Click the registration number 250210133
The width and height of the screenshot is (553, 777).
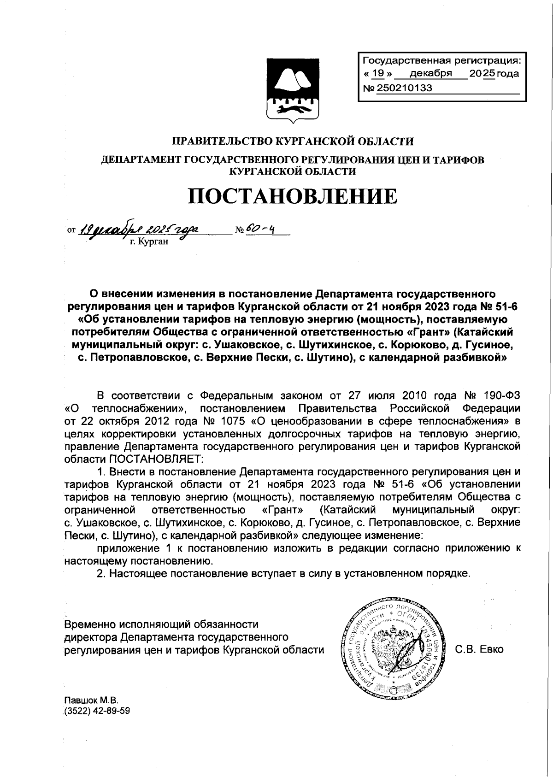pyautogui.click(x=405, y=88)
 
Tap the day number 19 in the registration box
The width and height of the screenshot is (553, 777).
pyautogui.click(x=378, y=74)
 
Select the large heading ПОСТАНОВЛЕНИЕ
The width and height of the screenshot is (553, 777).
pyautogui.click(x=293, y=196)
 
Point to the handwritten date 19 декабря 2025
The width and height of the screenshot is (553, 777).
pyautogui.click(x=138, y=229)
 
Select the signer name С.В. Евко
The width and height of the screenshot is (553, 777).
pyautogui.click(x=479, y=649)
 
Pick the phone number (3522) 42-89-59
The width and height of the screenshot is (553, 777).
pyautogui.click(x=97, y=711)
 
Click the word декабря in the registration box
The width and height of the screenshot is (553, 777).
pyautogui.click(x=430, y=74)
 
